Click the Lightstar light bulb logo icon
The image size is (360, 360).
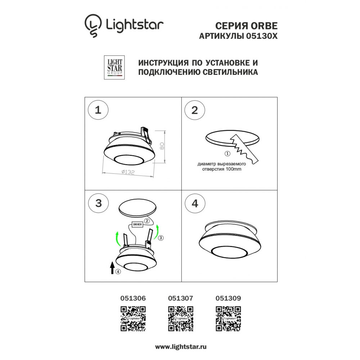tap(93, 26)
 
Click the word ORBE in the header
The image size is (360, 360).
tap(264, 26)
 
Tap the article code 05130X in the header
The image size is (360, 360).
tap(261, 36)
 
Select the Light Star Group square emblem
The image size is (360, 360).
tap(114, 68)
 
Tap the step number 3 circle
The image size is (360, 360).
tap(99, 203)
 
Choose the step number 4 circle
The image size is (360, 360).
tap(195, 203)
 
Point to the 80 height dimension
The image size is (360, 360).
tap(162, 146)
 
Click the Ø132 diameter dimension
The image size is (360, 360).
tap(128, 172)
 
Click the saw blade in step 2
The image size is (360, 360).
tap(244, 149)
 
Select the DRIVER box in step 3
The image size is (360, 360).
tap(137, 224)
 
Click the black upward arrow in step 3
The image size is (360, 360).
tap(112, 267)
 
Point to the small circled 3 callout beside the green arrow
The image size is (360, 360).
tap(161, 238)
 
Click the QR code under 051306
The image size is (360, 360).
tap(133, 319)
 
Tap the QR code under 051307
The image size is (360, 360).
tap(181, 319)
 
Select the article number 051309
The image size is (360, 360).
tap(228, 298)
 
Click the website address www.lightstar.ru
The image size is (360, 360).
tap(181, 347)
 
